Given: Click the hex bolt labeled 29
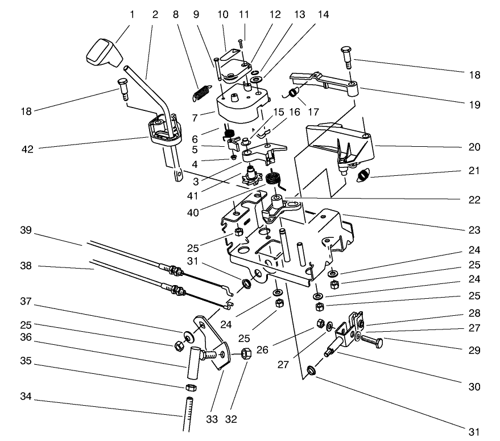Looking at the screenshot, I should coord(371,343).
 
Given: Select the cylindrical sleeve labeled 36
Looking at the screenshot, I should coord(192,362).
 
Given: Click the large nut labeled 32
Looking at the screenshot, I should coord(247,354).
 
